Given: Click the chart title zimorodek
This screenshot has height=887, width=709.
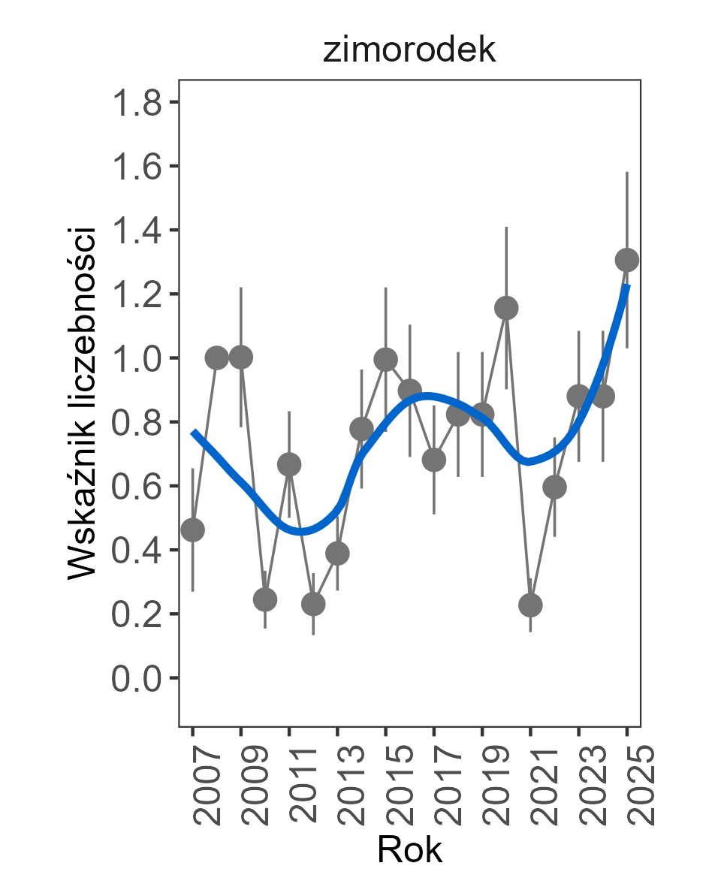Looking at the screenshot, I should click(409, 50).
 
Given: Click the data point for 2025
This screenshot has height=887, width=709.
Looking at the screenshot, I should click(627, 260).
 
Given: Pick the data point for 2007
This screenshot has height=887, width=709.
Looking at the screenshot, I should click(193, 530).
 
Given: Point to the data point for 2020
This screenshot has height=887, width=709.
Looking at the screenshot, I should click(506, 308).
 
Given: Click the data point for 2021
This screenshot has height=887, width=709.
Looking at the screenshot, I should click(530, 605).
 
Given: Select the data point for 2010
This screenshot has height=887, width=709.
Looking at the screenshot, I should click(265, 599).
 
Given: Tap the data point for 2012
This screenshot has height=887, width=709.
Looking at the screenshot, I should click(313, 604).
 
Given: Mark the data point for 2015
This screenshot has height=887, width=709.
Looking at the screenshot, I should click(385, 360).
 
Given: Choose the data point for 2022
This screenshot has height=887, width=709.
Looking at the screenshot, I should click(554, 487).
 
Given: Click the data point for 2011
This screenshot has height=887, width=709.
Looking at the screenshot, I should click(289, 465).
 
